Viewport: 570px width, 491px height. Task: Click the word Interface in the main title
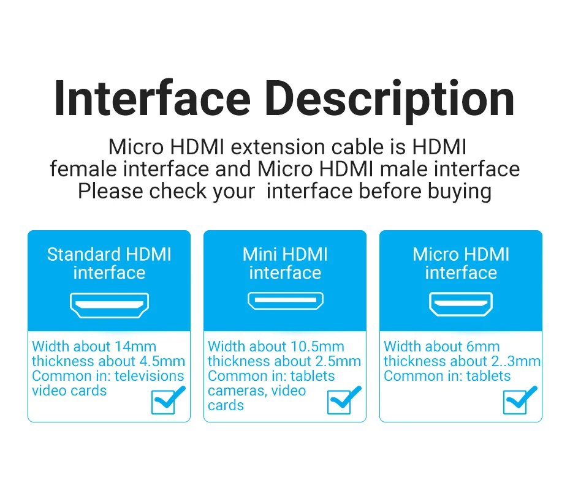(x=153, y=99)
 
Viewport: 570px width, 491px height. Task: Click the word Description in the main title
(x=389, y=102)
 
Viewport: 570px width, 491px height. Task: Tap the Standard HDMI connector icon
(x=109, y=305)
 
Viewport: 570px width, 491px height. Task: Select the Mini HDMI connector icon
(x=286, y=301)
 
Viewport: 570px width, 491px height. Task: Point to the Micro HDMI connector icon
(x=461, y=304)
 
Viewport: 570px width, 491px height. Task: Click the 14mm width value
(x=135, y=347)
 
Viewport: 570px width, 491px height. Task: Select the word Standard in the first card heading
(x=83, y=254)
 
